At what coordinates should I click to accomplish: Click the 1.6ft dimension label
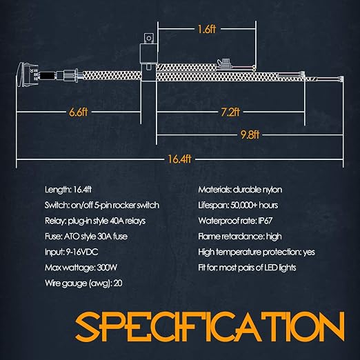207,29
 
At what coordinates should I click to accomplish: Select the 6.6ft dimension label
79,112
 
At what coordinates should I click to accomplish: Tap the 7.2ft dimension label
230,112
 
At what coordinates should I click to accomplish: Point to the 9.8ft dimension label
250,134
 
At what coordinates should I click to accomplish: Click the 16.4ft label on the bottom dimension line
179,159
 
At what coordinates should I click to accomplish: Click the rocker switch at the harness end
28,75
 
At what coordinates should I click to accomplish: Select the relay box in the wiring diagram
148,57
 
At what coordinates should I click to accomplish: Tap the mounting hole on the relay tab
149,38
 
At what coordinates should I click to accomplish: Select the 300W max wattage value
107,268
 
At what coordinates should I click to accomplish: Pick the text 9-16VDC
82,252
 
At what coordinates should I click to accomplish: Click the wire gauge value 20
118,283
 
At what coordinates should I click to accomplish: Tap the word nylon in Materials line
272,190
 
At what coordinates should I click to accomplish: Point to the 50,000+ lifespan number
243,206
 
